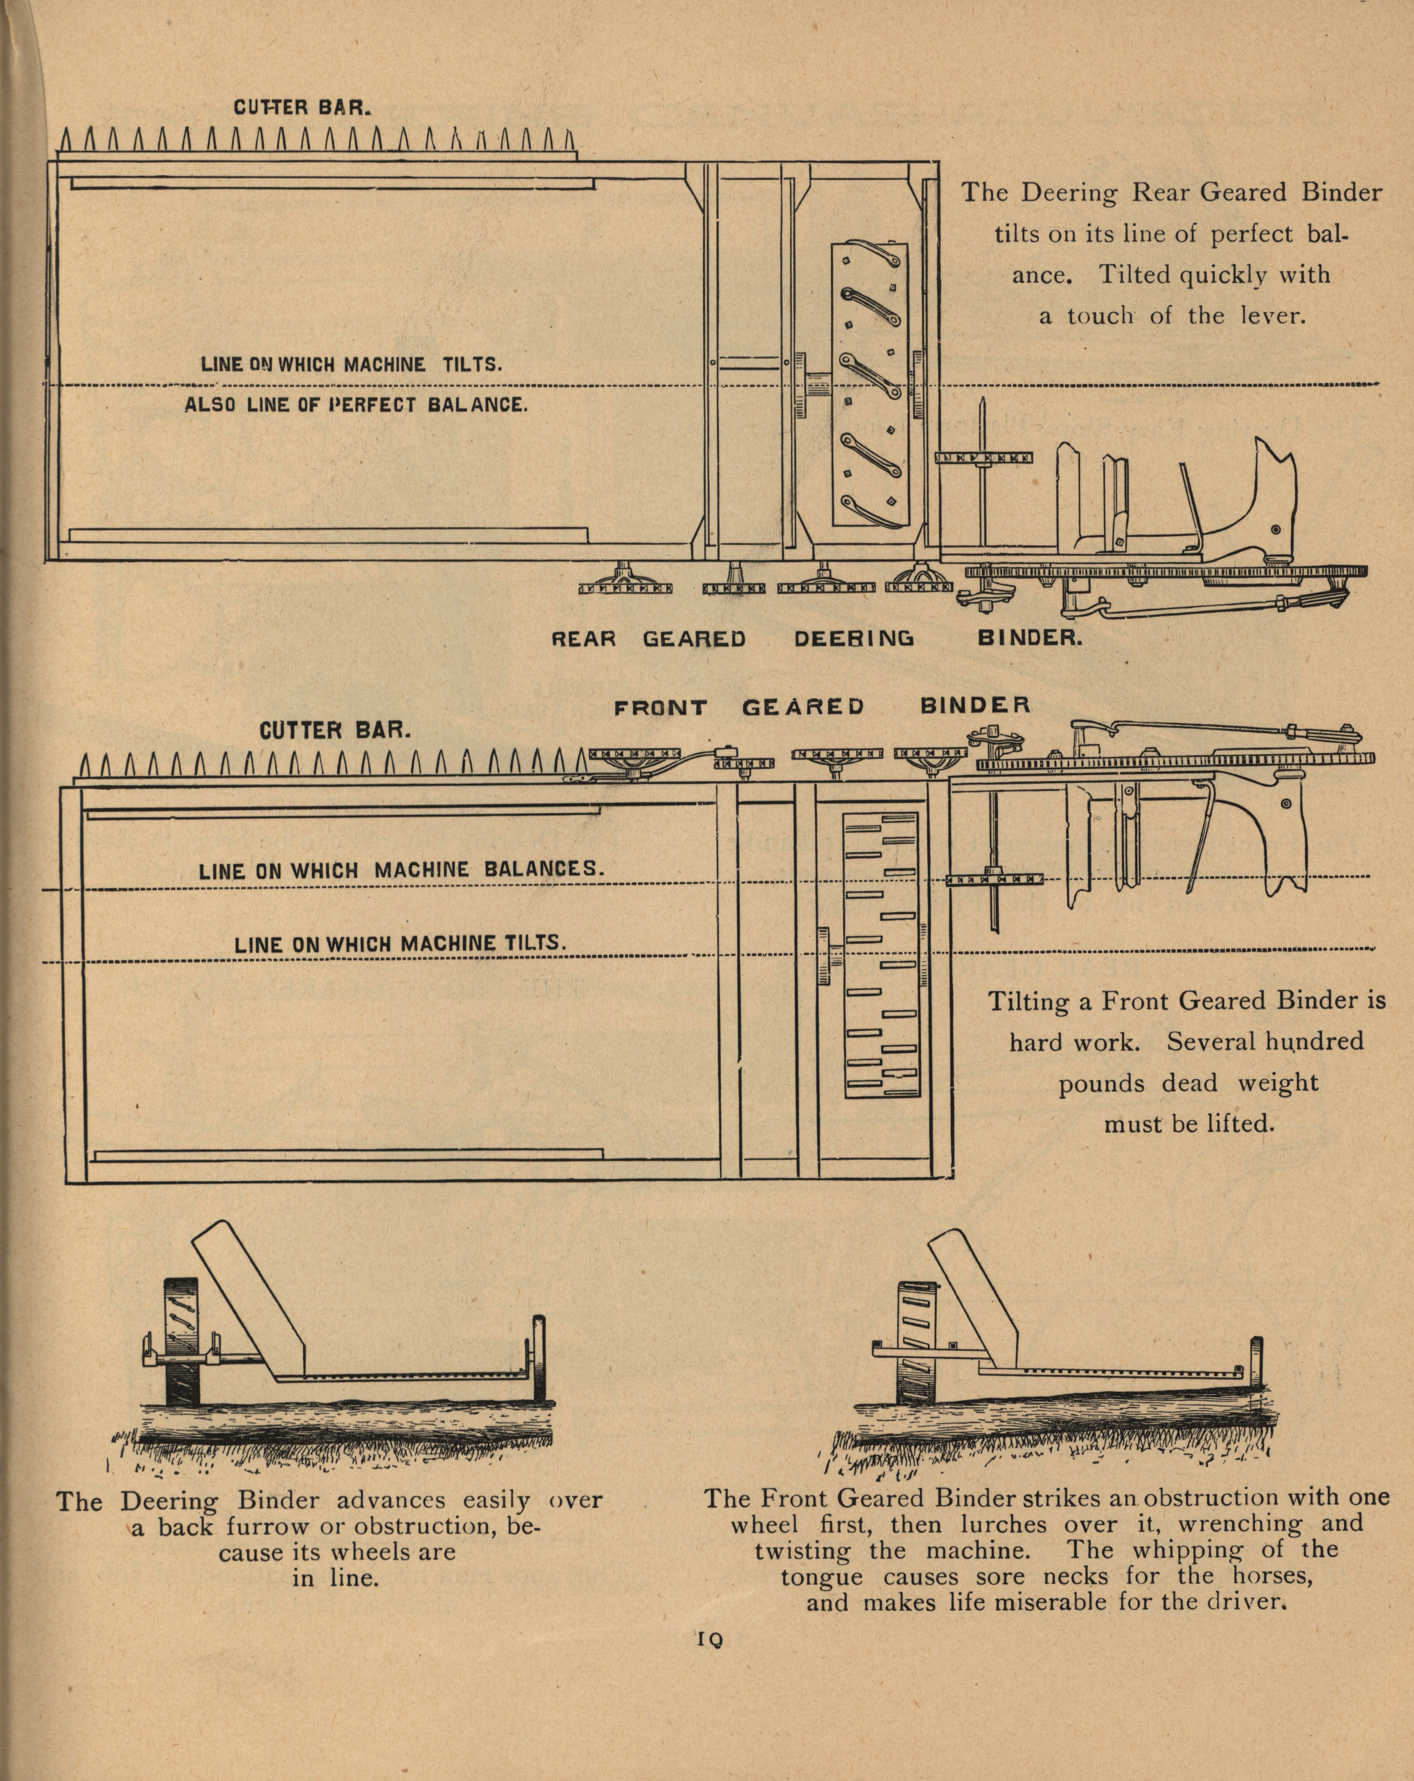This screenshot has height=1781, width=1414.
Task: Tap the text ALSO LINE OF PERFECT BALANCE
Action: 355,405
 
